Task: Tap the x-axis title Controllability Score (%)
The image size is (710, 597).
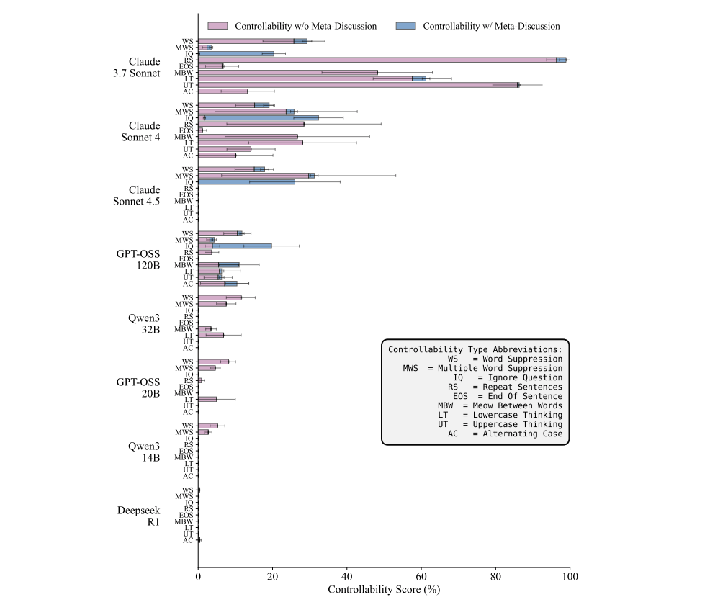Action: click(384, 588)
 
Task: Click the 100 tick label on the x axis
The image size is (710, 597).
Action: click(570, 577)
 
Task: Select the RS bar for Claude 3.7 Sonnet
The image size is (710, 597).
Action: click(382, 60)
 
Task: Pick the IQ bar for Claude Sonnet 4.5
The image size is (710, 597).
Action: click(246, 181)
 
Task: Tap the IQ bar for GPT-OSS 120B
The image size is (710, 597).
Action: click(235, 246)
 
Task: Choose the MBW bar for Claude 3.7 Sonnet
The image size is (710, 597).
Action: click(287, 72)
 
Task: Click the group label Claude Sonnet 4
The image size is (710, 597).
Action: click(144, 132)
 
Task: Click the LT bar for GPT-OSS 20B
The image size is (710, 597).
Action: click(207, 399)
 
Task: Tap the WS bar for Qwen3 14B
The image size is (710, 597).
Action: click(208, 426)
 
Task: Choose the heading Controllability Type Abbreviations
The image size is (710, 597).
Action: click(475, 349)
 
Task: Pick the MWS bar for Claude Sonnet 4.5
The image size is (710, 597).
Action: click(256, 175)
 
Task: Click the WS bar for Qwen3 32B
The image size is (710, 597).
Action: click(220, 297)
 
